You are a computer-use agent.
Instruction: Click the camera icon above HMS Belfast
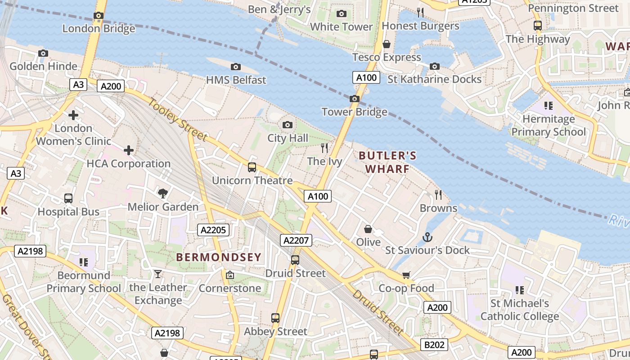(x=235, y=67)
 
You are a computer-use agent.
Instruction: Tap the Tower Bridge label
(x=354, y=112)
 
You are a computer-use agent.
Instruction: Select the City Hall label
(x=288, y=138)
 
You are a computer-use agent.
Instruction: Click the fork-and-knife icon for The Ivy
(x=324, y=148)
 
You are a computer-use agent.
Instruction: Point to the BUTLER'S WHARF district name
(x=387, y=162)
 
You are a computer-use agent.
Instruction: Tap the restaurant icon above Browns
(x=438, y=195)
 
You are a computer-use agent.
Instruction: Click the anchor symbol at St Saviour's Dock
(x=427, y=237)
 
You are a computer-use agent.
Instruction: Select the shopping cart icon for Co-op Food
(x=406, y=275)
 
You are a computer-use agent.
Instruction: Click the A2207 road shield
(x=296, y=240)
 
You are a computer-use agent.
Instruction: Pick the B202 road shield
(x=434, y=345)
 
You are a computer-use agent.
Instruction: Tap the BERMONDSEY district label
(x=218, y=257)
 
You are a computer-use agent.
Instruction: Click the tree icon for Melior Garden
(x=163, y=193)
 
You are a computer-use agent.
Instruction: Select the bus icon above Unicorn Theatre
(x=252, y=167)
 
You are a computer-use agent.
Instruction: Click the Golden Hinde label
(x=43, y=67)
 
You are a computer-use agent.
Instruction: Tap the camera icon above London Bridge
(x=99, y=16)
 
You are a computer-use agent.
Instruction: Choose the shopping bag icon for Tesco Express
(x=386, y=44)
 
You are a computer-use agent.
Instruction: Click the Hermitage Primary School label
(x=549, y=126)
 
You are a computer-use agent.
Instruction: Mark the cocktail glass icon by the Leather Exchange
(x=158, y=274)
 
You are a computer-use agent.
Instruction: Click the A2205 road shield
(x=213, y=230)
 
